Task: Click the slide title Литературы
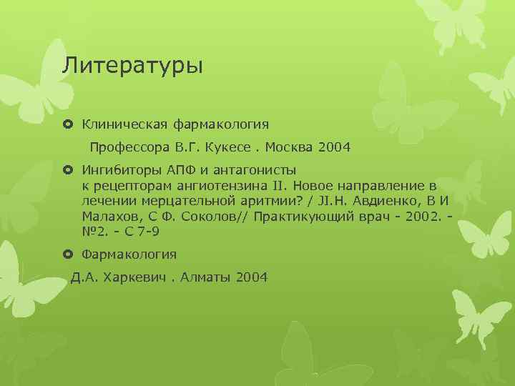pyautogui.click(x=132, y=66)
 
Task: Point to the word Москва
pyautogui.click(x=291, y=148)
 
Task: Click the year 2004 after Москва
pyautogui.click(x=335, y=148)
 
